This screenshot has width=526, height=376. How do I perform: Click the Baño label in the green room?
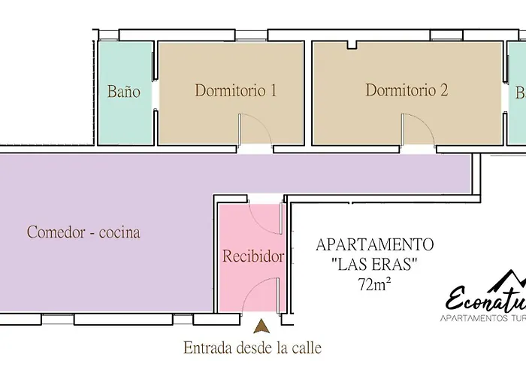125,92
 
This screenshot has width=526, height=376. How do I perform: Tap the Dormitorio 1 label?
236,91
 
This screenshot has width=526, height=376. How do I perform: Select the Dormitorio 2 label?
407,91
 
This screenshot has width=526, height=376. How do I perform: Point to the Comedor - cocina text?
83,232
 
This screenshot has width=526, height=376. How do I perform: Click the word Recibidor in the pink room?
253,256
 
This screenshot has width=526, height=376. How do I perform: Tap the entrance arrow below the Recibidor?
261,326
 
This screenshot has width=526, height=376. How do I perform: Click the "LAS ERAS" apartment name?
374,265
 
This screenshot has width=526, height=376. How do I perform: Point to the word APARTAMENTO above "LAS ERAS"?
374,245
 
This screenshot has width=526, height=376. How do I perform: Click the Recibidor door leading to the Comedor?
264,214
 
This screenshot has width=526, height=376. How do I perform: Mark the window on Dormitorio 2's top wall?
441,35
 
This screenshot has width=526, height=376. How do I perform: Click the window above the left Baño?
108,35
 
